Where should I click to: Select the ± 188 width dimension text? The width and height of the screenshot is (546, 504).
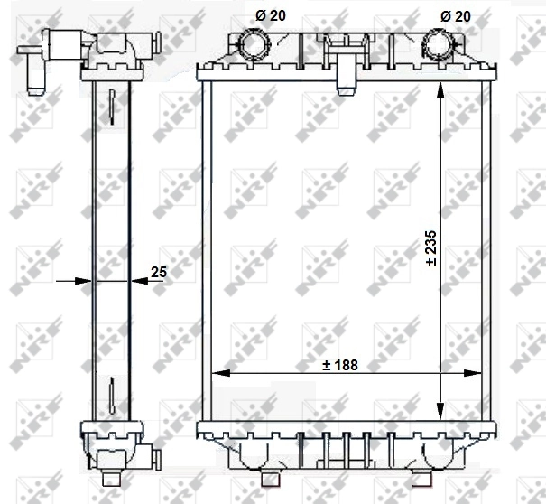pyautogui.click(x=341, y=365)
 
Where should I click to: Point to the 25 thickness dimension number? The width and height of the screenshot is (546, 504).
pyautogui.click(x=159, y=270)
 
